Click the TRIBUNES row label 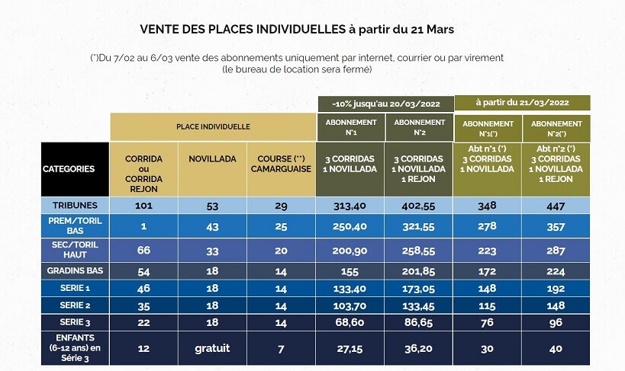tap(75, 205)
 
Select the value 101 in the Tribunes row tap(144, 205)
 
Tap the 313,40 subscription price tap(351, 205)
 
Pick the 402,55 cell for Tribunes tap(419, 205)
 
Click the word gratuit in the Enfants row tap(212, 349)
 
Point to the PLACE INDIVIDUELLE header tap(213, 127)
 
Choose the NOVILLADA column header tap(212, 158)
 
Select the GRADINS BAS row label tap(75, 270)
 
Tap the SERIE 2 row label tap(75, 304)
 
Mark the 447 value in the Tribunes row tap(556, 205)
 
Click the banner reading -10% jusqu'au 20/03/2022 tap(385, 103)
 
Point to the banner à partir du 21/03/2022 tap(522, 102)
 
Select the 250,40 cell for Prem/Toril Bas tap(351, 228)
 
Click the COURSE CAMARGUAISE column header tap(281, 164)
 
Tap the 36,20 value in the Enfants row tap(419, 349)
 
